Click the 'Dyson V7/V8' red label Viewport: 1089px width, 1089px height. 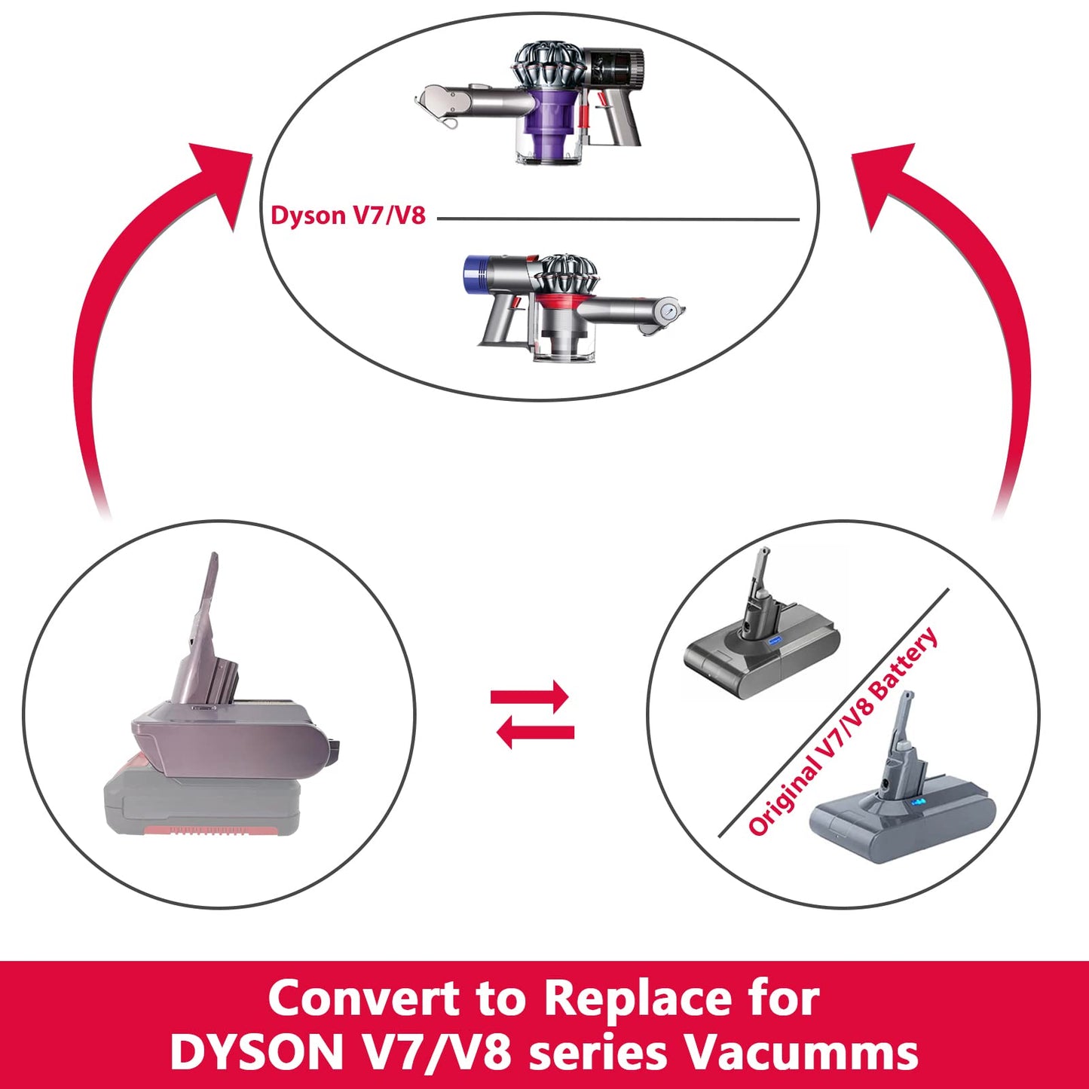(348, 216)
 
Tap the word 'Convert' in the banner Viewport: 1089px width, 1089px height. (364, 999)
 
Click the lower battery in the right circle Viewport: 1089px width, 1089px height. (897, 799)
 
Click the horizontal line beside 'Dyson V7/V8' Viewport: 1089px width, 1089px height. (618, 219)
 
